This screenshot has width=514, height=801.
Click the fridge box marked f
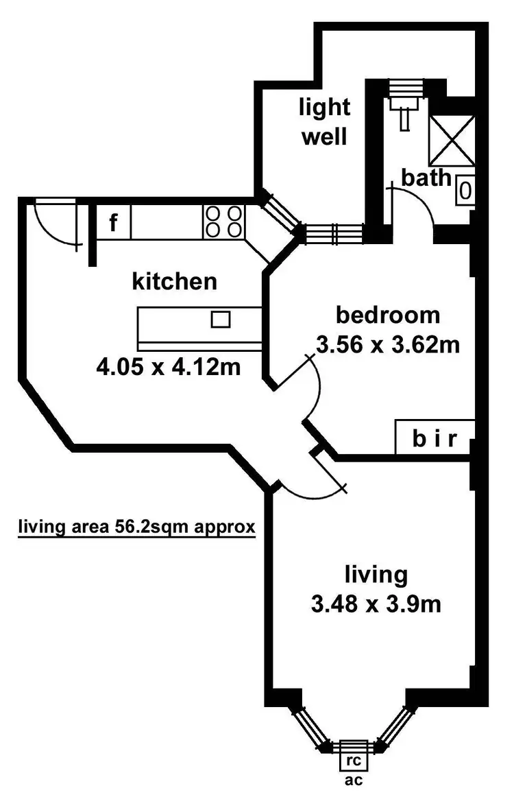[x=114, y=222]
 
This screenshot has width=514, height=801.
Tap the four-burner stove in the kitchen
[x=223, y=222]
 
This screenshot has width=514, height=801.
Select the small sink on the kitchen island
[x=220, y=319]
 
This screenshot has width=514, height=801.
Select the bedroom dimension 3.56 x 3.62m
[x=387, y=344]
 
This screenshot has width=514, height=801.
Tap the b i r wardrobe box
[x=434, y=438]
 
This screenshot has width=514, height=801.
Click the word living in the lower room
[x=376, y=573]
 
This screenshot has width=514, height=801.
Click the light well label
[x=324, y=121]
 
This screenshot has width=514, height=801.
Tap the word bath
[x=426, y=178]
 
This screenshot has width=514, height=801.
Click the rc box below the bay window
[x=354, y=761]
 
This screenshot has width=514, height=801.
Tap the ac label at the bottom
[x=354, y=780]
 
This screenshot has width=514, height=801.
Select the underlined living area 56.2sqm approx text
[x=136, y=527]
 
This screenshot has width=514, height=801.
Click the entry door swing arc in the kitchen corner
[x=55, y=221]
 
